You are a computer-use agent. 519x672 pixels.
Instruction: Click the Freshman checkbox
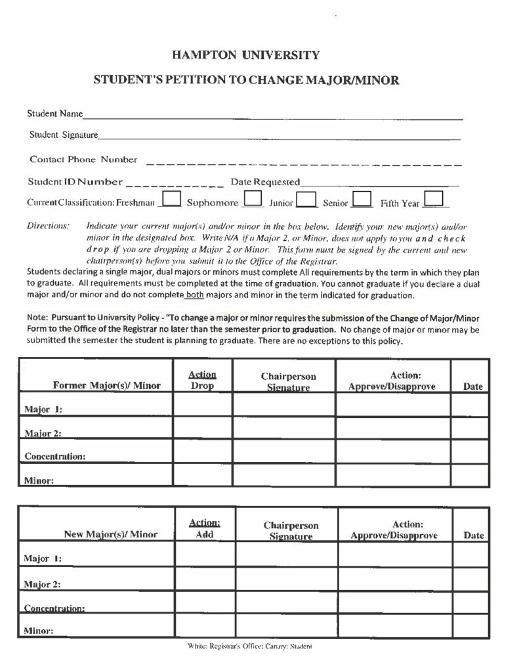[171, 199]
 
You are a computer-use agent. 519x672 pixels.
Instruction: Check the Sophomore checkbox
[253, 199]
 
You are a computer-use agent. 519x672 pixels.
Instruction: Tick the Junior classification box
[307, 199]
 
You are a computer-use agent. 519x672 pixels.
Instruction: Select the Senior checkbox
[362, 199]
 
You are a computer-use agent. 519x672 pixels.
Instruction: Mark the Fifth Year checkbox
[434, 199]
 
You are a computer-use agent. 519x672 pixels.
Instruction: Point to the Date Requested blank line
[379, 182]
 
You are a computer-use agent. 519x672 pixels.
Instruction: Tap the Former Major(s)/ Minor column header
[106, 386]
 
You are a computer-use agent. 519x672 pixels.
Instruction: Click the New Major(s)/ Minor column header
[110, 534]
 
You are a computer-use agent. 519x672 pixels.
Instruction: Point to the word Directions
[48, 226]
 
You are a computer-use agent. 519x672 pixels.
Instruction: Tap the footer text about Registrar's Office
[249, 646]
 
